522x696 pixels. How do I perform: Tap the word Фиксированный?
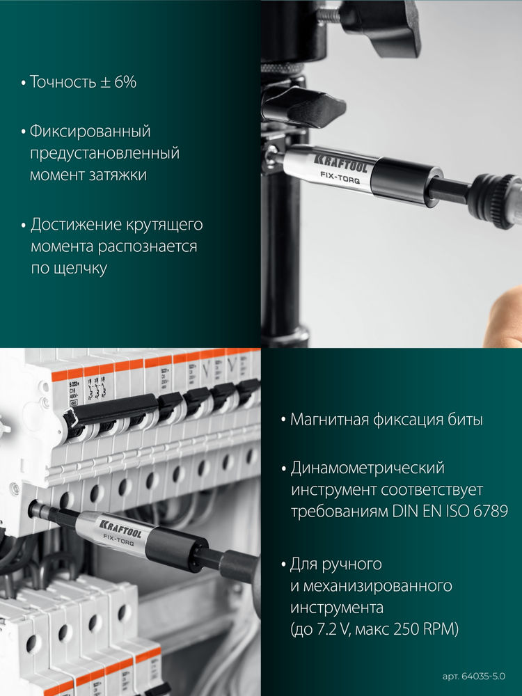point(90,131)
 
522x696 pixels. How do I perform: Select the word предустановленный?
point(104,152)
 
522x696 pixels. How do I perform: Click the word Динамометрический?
point(367,468)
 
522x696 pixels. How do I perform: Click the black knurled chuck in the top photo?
point(496,200)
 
